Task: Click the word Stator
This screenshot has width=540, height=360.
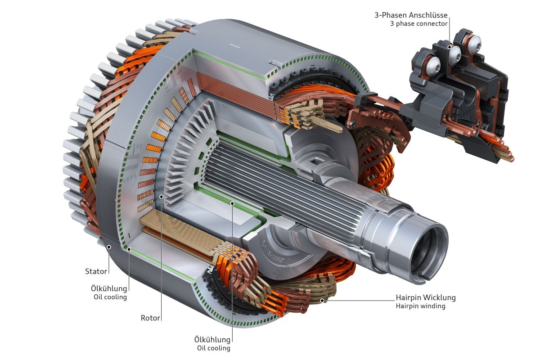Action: [x=96, y=271]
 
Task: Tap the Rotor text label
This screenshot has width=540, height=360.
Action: [x=150, y=318]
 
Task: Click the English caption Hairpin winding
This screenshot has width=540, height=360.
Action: [x=420, y=306]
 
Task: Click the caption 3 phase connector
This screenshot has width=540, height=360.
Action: [x=419, y=23]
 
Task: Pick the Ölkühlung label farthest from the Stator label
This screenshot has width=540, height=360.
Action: [x=212, y=339]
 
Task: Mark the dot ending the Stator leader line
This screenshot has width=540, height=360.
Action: [x=109, y=247]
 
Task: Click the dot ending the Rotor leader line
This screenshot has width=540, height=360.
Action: [x=161, y=197]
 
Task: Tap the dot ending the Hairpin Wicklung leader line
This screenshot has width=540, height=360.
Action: [x=321, y=300]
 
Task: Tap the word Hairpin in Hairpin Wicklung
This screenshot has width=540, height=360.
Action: [x=407, y=297]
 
